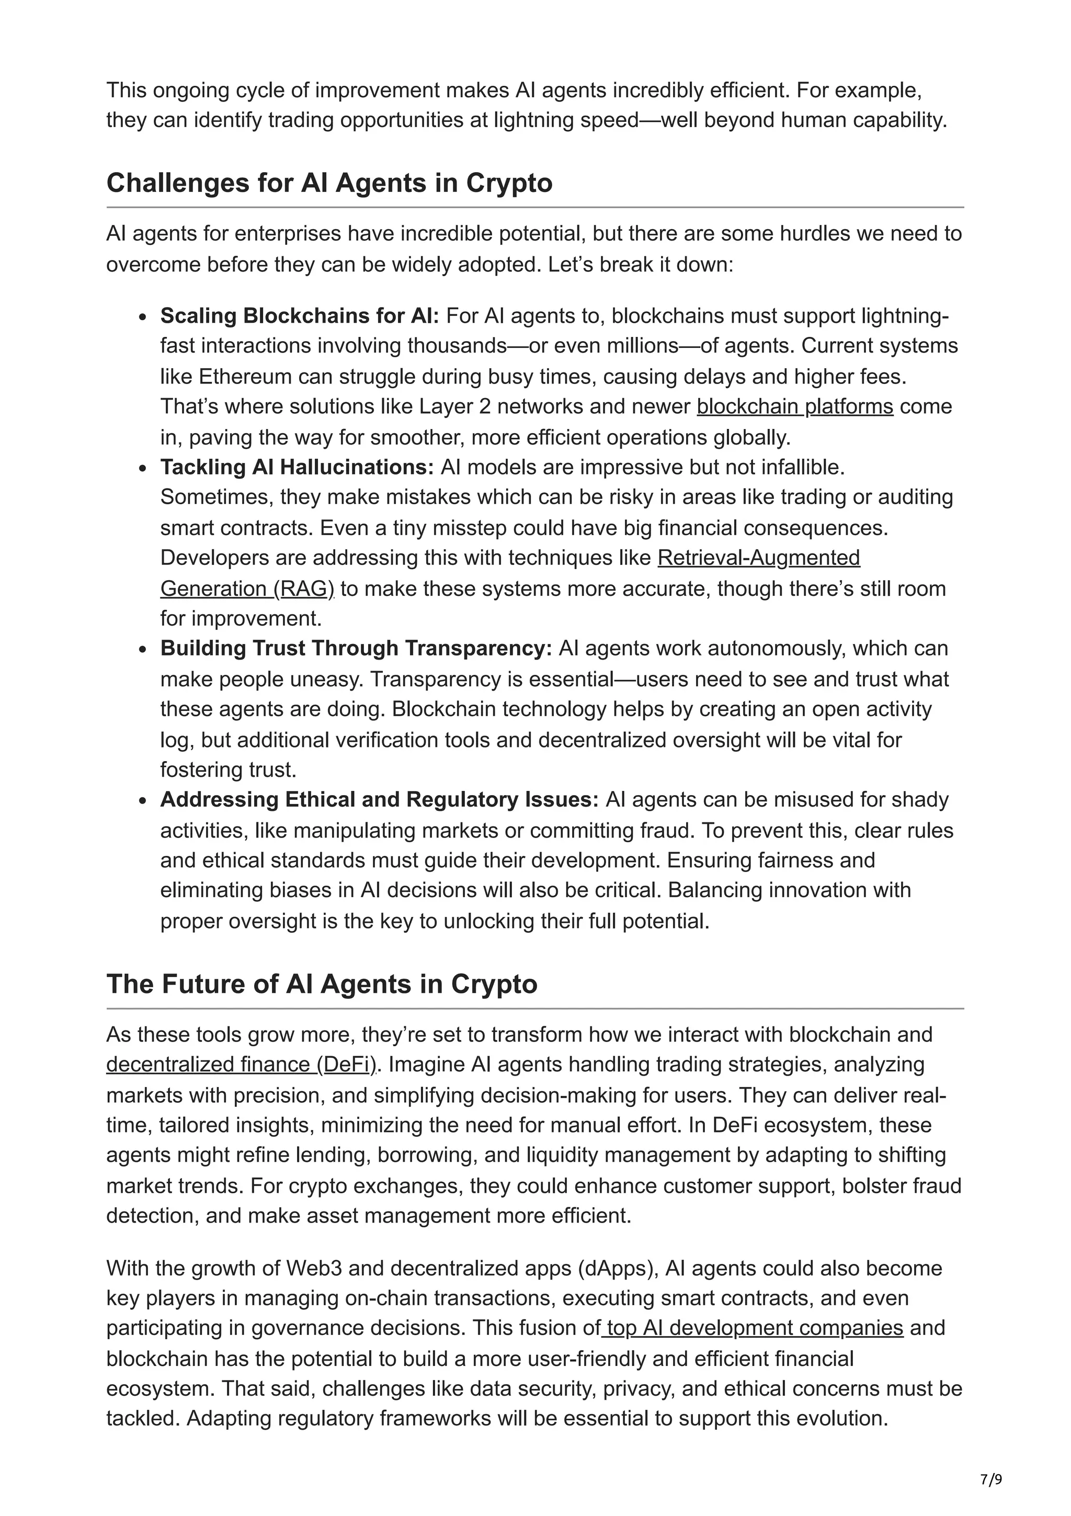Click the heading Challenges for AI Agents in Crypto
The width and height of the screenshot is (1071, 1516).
click(329, 183)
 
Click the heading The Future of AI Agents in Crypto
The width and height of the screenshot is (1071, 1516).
click(322, 984)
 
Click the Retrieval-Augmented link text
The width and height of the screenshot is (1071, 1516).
click(759, 558)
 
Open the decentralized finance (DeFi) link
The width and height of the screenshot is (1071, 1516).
click(241, 1065)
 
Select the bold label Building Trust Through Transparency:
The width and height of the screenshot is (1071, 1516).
click(356, 648)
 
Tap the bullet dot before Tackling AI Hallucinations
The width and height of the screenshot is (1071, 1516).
click(143, 468)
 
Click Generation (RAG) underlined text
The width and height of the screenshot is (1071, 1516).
click(247, 589)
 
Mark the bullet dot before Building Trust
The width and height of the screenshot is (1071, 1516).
click(143, 649)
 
